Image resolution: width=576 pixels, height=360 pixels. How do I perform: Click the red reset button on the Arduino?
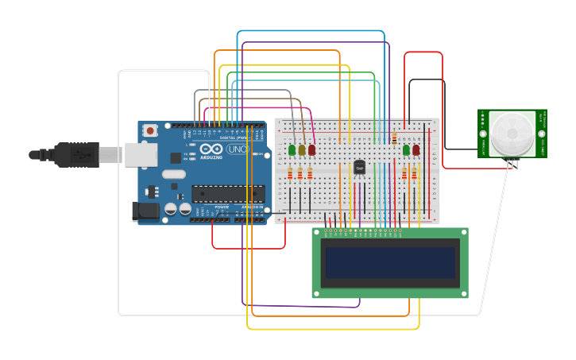coord(150,130)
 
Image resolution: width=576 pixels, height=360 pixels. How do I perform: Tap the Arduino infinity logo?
coord(211,149)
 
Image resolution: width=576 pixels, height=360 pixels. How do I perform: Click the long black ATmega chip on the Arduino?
coord(228,193)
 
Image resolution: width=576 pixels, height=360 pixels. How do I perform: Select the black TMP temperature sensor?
coord(359,168)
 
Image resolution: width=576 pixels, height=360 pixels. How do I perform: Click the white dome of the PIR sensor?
coord(512,133)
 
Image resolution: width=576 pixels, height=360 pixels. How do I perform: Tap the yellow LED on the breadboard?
coord(302,149)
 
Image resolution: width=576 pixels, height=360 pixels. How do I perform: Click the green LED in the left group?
coord(292,149)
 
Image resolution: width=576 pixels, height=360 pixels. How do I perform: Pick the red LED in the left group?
coord(311,149)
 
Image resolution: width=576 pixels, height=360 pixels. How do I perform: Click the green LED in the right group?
coord(406,149)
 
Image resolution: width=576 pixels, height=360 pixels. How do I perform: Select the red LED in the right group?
coord(416,149)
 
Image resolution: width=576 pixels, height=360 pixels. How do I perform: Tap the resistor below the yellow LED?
coord(300,174)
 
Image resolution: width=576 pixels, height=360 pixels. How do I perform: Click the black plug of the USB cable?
coord(76,154)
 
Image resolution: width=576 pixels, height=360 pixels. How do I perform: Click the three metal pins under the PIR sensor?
coord(512,163)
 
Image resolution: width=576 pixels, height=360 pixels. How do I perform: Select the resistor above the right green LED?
coord(395,138)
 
